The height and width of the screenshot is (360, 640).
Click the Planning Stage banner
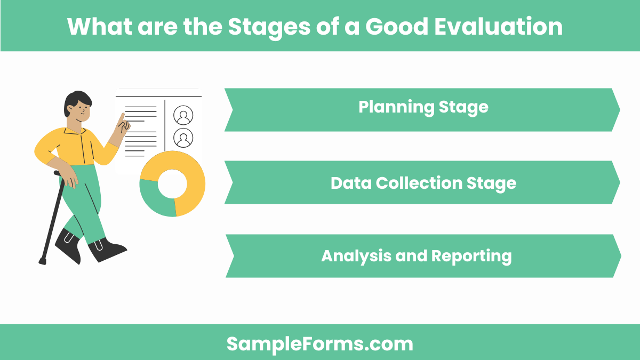click(x=422, y=109)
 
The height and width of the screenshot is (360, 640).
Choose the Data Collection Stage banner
click(x=422, y=183)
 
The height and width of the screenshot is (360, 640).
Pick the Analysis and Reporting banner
click(x=422, y=256)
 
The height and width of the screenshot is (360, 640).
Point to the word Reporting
click(x=471, y=256)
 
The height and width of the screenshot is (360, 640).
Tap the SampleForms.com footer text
click(x=320, y=343)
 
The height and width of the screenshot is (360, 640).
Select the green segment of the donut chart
click(x=155, y=200)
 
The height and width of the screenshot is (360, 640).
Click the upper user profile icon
click(x=183, y=115)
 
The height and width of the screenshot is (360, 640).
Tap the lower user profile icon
click(x=183, y=138)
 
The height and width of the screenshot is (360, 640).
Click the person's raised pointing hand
click(x=124, y=124)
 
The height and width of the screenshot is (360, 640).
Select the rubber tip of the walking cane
click(x=42, y=261)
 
